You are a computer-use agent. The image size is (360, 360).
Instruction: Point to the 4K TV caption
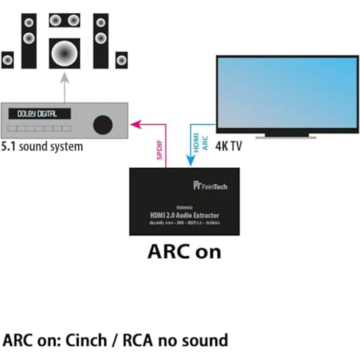[x=228, y=146]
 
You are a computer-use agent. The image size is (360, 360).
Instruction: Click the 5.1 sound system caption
[x=42, y=146]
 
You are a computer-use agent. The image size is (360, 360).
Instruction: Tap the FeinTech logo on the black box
[x=210, y=186]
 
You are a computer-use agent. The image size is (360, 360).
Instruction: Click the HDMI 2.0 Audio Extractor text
[x=184, y=215]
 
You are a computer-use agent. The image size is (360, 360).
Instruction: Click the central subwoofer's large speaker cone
[x=65, y=51]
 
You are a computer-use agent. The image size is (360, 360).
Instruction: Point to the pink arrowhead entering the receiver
[x=134, y=124]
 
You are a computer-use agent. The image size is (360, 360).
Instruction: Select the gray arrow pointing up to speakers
[x=65, y=86]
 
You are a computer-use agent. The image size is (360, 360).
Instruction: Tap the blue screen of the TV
[x=287, y=92]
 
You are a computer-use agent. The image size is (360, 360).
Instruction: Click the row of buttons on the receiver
[x=39, y=128]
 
